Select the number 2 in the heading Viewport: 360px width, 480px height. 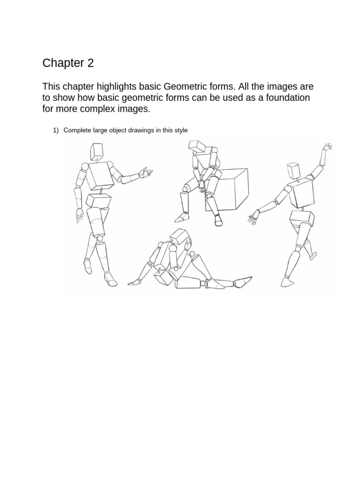[x=90, y=63]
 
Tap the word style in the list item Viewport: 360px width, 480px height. [x=180, y=130]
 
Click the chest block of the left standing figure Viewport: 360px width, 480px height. [x=99, y=175]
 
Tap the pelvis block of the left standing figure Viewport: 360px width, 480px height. [x=98, y=200]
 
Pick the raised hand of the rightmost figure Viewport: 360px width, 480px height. [x=327, y=148]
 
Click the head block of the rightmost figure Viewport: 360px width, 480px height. [x=294, y=170]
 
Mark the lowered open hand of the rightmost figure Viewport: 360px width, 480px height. [x=254, y=216]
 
